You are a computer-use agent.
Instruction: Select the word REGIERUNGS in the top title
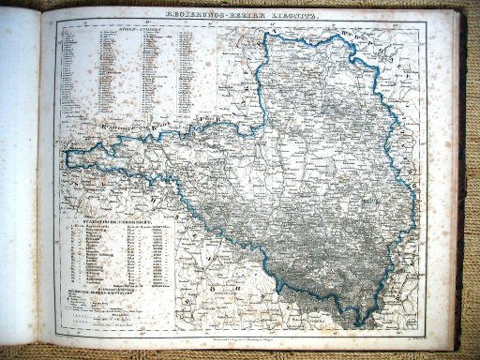click(192, 16)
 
